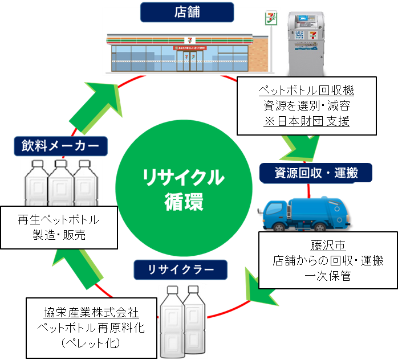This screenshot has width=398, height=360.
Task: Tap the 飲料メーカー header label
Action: coord(61,146)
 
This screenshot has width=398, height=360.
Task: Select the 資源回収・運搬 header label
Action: coord(308,172)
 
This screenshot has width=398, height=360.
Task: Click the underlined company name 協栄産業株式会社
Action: coord(91,313)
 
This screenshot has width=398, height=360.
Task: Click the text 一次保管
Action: coord(327,276)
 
